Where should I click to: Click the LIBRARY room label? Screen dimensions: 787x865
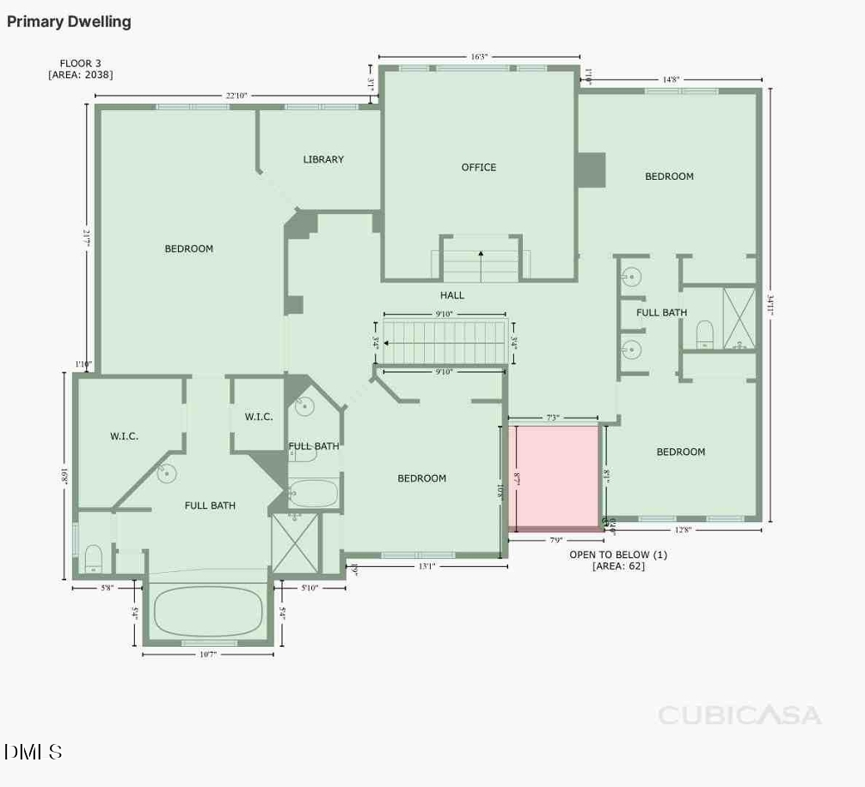click(x=323, y=159)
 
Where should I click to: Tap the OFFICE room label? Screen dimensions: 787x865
click(x=479, y=168)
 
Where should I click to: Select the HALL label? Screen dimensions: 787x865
click(x=452, y=295)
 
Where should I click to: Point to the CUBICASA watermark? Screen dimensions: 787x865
click(x=739, y=715)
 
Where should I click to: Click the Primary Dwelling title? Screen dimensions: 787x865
click(x=69, y=22)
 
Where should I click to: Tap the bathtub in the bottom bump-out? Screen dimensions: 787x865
click(x=207, y=611)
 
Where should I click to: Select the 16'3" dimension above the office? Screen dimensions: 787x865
click(x=479, y=57)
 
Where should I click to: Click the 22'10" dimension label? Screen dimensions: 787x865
click(x=236, y=95)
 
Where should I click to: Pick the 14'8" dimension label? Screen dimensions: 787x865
click(x=671, y=79)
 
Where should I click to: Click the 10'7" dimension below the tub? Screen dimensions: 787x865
click(x=207, y=655)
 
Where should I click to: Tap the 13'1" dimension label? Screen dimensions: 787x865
click(x=426, y=566)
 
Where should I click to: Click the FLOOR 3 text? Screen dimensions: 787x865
click(x=81, y=63)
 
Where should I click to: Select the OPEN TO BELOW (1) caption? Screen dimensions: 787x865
click(x=618, y=555)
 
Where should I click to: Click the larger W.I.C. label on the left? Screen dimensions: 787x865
click(x=124, y=436)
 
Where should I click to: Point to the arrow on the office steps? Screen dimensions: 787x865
click(x=481, y=254)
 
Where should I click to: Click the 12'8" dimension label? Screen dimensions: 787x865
click(x=683, y=530)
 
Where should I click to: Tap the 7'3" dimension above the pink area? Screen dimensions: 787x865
click(x=553, y=418)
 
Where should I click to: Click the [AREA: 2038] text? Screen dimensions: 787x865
click(x=81, y=75)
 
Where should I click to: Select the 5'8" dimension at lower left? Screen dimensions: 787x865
click(x=107, y=588)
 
